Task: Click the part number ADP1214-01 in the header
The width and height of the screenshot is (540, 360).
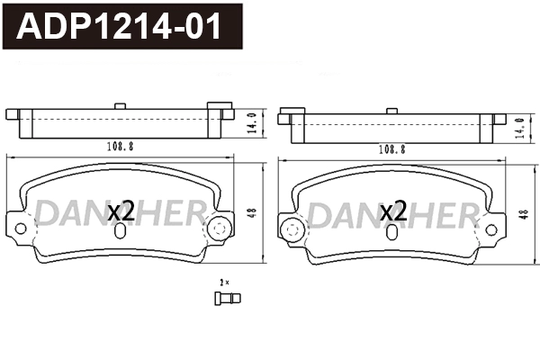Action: [x=120, y=26]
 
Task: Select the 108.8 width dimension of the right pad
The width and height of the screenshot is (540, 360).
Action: [x=392, y=149]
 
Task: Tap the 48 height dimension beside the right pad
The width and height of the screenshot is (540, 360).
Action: [x=524, y=216]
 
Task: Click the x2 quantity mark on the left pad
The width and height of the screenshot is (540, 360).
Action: [x=121, y=211]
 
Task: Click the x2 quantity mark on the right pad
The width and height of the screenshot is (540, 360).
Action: [x=393, y=212]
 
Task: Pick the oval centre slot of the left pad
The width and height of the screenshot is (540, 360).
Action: [x=121, y=229]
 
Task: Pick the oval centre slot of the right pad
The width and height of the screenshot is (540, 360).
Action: [x=393, y=231]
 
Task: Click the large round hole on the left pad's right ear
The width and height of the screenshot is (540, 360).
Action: [x=216, y=229]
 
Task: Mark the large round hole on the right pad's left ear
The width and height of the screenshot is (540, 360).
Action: [x=291, y=230]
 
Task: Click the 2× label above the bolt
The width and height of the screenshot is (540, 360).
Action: [x=224, y=283]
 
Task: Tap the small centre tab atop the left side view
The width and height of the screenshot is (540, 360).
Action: [x=121, y=106]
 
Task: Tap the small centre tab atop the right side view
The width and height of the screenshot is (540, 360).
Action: [x=392, y=111]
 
